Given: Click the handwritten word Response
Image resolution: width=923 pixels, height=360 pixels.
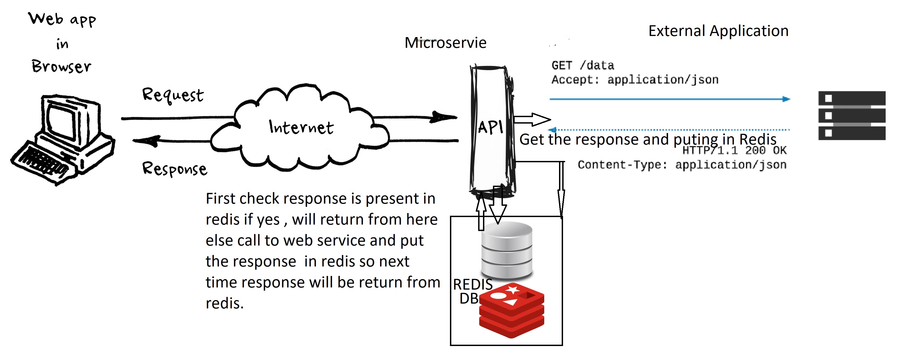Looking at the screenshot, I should (x=175, y=169).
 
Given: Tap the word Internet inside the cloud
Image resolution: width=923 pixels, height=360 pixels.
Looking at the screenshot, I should (x=301, y=128).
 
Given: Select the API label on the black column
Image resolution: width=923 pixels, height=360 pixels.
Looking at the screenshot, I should (x=491, y=127).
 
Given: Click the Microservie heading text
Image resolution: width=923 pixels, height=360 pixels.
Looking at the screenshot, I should (x=445, y=43).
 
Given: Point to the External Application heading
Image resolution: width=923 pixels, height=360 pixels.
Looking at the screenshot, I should (x=718, y=31).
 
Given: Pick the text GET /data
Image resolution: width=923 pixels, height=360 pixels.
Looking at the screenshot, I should (x=583, y=66).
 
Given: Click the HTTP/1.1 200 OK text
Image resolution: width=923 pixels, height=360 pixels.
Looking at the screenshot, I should (x=734, y=150).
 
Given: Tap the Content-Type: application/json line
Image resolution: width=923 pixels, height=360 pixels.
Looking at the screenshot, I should (x=682, y=165).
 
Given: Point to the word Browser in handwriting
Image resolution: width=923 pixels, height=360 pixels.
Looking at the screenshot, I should (x=62, y=67).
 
